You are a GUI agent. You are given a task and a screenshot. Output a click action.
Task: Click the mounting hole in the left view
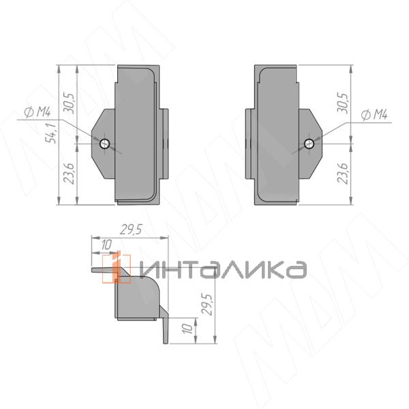(104, 143)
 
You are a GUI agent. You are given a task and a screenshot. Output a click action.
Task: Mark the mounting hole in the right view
(309, 143)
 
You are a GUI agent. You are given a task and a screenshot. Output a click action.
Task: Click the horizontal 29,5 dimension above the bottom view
(130, 230)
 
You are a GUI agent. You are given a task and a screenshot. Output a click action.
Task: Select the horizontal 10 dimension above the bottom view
(105, 245)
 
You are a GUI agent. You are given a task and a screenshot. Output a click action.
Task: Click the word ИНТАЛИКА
(222, 270)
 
